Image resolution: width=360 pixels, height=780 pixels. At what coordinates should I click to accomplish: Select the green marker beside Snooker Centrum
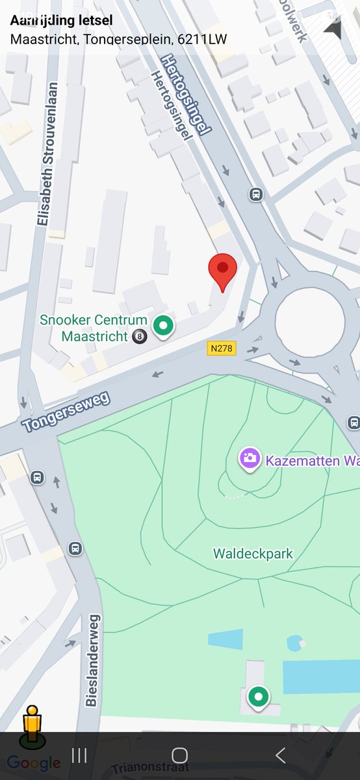coord(163,324)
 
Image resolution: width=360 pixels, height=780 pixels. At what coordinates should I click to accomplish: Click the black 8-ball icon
coord(140,337)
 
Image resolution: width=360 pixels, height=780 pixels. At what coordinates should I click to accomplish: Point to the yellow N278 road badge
coord(222,349)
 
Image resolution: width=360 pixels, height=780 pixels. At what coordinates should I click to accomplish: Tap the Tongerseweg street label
coord(66,412)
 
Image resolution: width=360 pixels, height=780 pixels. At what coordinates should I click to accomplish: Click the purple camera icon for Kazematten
coord(249,458)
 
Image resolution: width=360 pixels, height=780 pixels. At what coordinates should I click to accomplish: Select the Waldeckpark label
coord(253,554)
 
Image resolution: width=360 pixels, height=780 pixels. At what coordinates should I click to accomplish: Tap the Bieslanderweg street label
coord(92,660)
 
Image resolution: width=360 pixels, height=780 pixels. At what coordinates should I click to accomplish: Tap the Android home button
coord(180,755)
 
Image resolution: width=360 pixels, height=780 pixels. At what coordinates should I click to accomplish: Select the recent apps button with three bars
coord(79,755)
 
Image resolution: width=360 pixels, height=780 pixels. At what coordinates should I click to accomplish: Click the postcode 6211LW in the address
coord(202,39)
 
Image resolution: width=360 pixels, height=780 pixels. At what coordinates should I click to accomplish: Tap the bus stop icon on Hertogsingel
coord(256,194)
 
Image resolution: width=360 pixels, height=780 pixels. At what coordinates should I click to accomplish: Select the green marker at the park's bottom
coord(259,697)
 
